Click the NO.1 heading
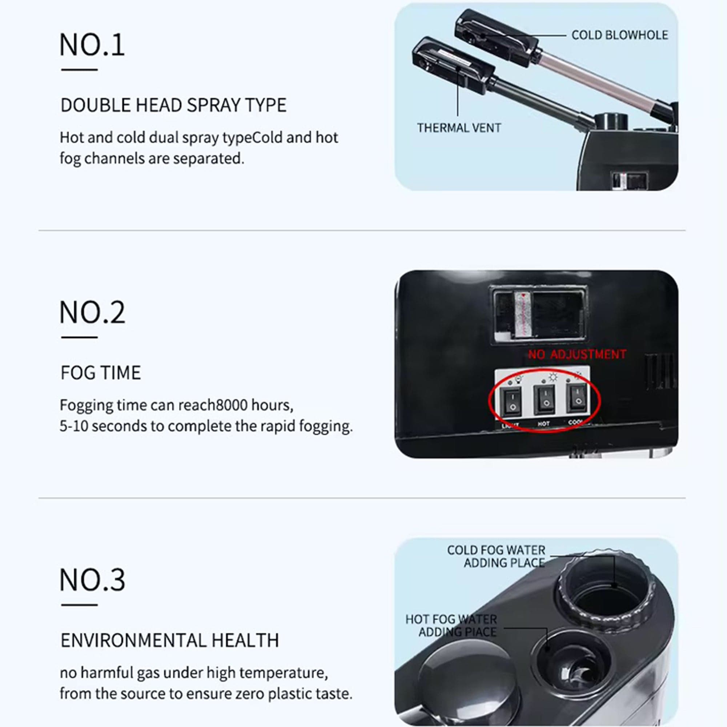pos(92,45)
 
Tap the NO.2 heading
pos(92,312)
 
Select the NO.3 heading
pos(92,580)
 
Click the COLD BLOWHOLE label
pos(619,35)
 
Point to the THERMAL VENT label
pos(459,128)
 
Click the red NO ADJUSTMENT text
pos(577,354)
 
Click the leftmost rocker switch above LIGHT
pos(512,402)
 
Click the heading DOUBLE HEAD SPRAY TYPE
pos(173,105)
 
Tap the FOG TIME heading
pos(101,373)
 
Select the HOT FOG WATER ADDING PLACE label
pos(451,625)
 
